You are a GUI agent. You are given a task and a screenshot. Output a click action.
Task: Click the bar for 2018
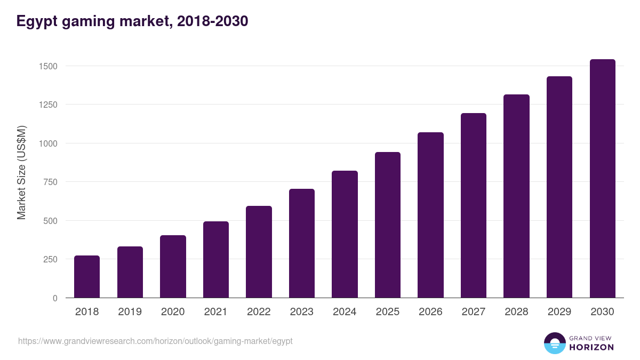87,277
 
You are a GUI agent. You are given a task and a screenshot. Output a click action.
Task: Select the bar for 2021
216,260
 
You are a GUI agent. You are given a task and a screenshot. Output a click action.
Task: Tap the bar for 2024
345,234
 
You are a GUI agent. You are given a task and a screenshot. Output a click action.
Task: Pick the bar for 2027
474,205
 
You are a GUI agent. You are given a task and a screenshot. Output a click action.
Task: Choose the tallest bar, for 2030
602,179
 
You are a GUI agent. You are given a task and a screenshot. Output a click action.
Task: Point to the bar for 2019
130,272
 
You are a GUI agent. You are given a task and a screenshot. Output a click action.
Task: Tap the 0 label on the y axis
55,298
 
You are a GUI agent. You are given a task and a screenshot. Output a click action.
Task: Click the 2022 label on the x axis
259,312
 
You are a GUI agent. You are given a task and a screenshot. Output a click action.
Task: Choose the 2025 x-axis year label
388,312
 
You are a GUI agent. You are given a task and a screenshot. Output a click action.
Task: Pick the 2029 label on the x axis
559,312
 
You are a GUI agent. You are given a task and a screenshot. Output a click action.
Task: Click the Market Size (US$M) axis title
21,173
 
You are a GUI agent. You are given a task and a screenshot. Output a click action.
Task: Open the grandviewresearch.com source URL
155,341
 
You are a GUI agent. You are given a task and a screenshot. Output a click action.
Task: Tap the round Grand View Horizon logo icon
555,343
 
